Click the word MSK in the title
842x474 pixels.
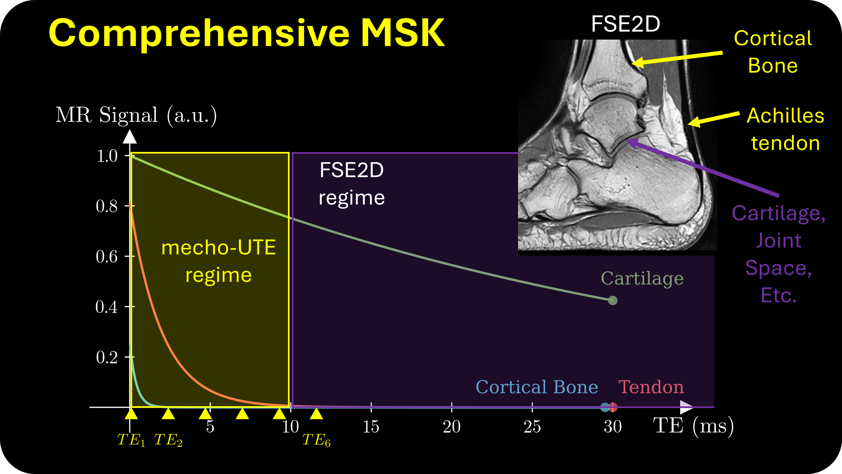[x=402, y=33]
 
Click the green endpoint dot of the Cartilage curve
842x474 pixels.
[x=613, y=300]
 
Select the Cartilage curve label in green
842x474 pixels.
[x=642, y=279]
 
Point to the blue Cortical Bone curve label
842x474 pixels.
[x=536, y=387]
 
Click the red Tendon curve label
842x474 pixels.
[x=651, y=387]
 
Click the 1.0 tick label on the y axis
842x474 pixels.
[x=107, y=156]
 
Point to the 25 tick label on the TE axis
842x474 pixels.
[x=532, y=426]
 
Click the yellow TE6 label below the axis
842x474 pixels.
[x=316, y=440]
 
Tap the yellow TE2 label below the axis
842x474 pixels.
[x=168, y=440]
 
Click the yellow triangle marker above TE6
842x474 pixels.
[x=316, y=414]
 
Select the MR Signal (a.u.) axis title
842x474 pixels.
[x=136, y=115]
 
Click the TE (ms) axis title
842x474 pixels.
[x=693, y=426]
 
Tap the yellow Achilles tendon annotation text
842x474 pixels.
[x=785, y=129]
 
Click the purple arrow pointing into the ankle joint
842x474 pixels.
[x=703, y=168]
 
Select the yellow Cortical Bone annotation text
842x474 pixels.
[x=773, y=52]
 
